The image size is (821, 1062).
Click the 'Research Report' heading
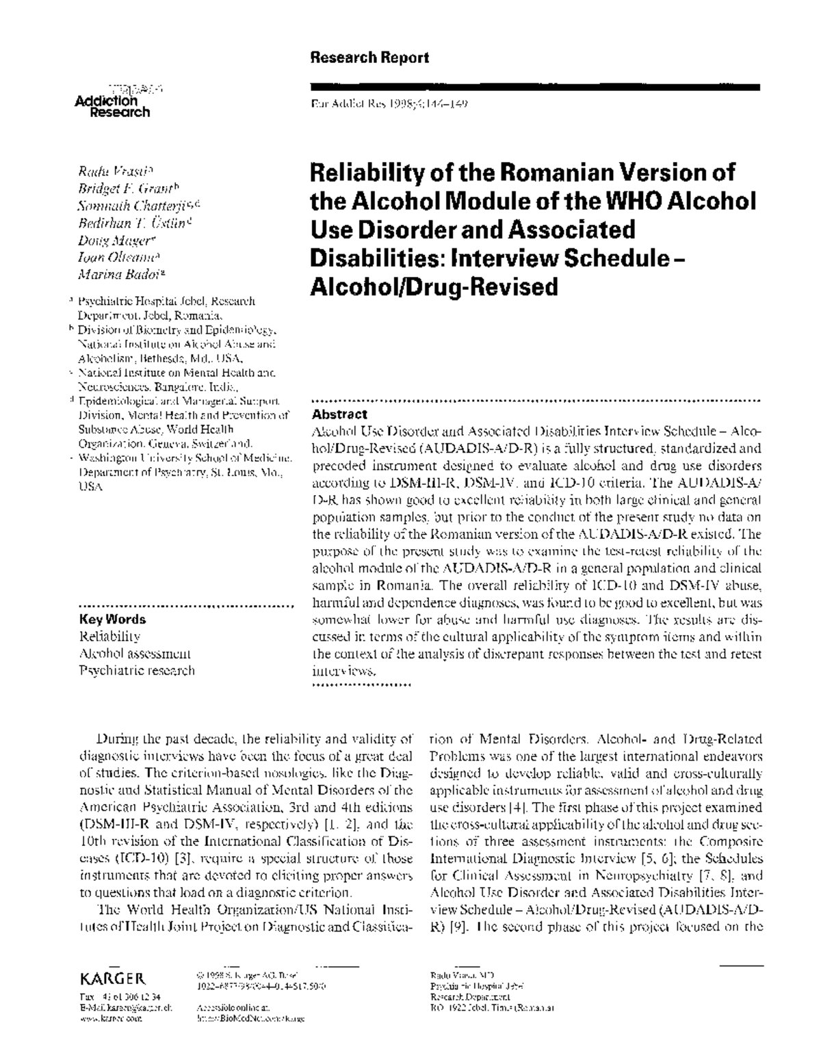pyautogui.click(x=369, y=57)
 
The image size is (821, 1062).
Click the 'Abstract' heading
pyautogui.click(x=339, y=414)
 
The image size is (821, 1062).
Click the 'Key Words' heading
pyautogui.click(x=113, y=620)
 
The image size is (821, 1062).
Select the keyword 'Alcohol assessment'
pyautogui.click(x=135, y=654)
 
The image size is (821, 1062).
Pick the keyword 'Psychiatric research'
pyautogui.click(x=137, y=671)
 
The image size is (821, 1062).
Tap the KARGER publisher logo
pyautogui.click(x=112, y=978)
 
